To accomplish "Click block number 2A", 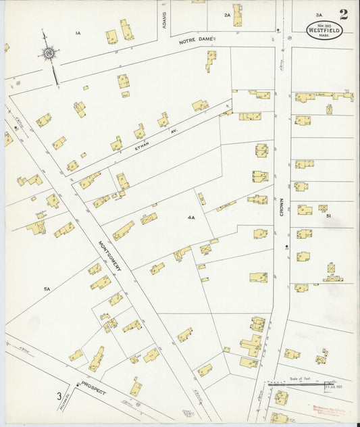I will pyautogui.click(x=227, y=14).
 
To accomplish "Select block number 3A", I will pyautogui.click(x=318, y=14).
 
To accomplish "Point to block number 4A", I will pyautogui.click(x=191, y=218).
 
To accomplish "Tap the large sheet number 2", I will pyautogui.click(x=344, y=15).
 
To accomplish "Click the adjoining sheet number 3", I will pyautogui.click(x=59, y=396).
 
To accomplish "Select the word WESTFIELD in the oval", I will pyautogui.click(x=324, y=30).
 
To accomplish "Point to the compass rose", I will pyautogui.click(x=49, y=53).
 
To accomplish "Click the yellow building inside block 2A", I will pyautogui.click(x=238, y=14).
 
